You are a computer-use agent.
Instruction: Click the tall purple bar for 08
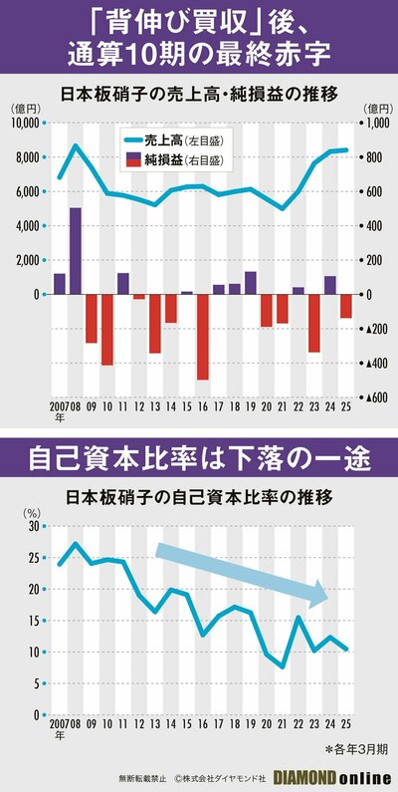click(76, 251)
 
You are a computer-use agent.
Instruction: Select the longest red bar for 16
click(203, 337)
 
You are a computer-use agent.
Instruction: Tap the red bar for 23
click(314, 323)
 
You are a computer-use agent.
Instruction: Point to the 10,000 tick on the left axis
click(22, 123)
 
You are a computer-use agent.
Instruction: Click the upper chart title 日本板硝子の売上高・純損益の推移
click(199, 94)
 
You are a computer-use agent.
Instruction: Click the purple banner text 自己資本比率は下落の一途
click(199, 457)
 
